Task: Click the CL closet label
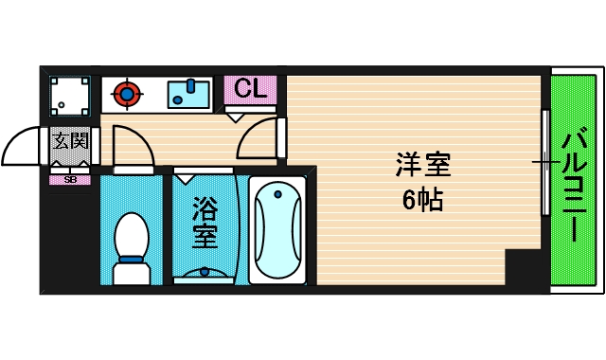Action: point(250,90)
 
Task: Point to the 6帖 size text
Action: point(423,201)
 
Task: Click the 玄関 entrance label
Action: point(70,142)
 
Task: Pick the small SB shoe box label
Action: point(70,179)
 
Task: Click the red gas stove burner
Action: point(128,93)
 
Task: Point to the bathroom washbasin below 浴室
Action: point(205,274)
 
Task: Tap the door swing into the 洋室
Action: point(258,141)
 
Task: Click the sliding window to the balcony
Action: point(544,162)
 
